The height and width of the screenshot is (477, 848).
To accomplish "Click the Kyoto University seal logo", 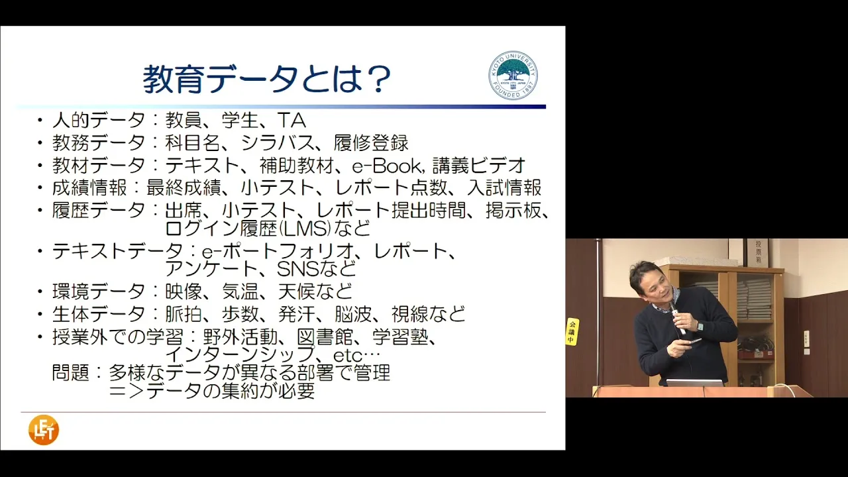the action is pos(513,76).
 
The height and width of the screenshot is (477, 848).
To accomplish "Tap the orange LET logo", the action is pos(44,430).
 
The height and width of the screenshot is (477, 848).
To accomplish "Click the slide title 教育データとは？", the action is pos(267,79).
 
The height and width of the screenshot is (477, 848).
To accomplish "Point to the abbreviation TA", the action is pos(291,121).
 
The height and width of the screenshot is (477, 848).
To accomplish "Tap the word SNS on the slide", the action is pos(298,269).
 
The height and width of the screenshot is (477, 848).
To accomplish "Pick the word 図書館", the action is pos(325,337).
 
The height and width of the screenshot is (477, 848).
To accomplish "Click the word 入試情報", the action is pos(504,187).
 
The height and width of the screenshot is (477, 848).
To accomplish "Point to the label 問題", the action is pos(70,372).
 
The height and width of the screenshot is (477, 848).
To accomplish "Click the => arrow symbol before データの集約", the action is pos(127,391).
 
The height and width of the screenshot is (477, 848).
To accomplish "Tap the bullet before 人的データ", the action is pos(40,121).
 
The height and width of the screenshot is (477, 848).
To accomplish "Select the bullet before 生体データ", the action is pos(40,314).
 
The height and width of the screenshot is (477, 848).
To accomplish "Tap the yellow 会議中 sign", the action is pos(572,332).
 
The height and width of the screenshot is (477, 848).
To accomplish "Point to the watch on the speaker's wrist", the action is pos(700,327).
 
